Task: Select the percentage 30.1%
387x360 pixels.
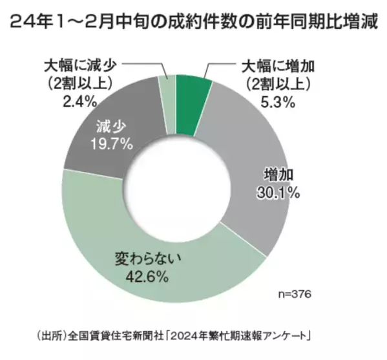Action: pos(269,192)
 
